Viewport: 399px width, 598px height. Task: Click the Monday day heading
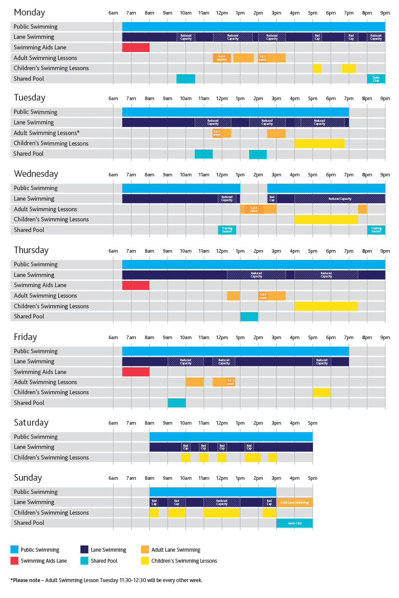click(x=29, y=13)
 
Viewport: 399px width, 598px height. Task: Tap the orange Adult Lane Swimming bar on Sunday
click(x=295, y=502)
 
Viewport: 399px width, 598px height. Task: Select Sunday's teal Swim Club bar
click(x=295, y=523)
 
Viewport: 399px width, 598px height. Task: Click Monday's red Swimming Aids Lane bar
click(x=136, y=47)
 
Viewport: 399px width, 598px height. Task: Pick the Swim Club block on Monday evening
click(x=376, y=79)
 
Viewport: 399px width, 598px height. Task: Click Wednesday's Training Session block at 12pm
click(x=227, y=230)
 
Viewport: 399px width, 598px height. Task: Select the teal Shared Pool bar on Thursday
click(x=249, y=316)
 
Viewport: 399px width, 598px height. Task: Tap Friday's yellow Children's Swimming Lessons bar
click(x=321, y=392)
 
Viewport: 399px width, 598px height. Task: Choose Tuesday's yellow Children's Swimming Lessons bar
click(x=319, y=143)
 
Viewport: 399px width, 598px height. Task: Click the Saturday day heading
click(x=31, y=422)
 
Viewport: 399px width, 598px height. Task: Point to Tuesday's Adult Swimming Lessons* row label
click(x=47, y=133)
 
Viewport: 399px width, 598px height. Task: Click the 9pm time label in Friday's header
click(x=385, y=337)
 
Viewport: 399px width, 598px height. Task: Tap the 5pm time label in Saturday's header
click(x=313, y=423)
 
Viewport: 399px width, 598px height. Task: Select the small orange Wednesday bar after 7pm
click(x=362, y=209)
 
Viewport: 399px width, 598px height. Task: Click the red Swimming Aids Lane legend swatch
click(x=15, y=561)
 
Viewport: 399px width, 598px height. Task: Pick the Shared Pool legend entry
click(x=104, y=561)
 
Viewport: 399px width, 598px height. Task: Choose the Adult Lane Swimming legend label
click(x=175, y=550)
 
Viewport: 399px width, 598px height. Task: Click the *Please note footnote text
click(x=106, y=580)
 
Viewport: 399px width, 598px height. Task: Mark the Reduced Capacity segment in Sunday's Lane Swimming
click(x=222, y=502)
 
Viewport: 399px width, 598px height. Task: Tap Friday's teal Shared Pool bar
click(x=177, y=403)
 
